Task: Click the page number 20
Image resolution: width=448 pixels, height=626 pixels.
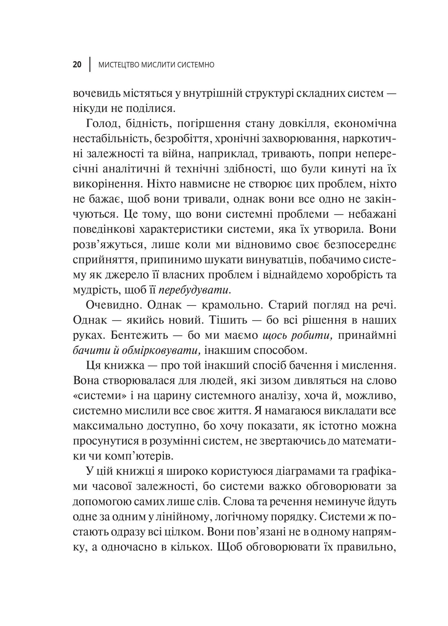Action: click(x=77, y=65)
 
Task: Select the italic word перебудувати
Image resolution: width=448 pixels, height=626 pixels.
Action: click(x=195, y=290)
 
